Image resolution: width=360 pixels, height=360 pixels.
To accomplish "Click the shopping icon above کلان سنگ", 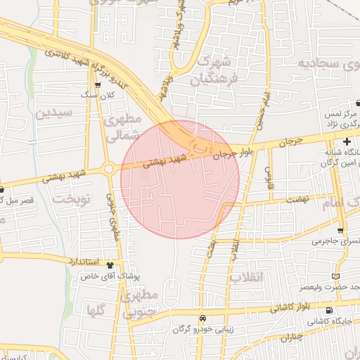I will click(98, 85).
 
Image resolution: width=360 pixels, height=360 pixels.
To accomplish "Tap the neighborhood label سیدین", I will click(54, 112).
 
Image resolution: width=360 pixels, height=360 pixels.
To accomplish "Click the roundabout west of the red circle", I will click(108, 169).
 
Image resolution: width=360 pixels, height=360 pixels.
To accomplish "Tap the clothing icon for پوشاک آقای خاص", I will click(110, 264).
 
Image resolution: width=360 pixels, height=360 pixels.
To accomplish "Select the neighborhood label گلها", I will click(96, 309).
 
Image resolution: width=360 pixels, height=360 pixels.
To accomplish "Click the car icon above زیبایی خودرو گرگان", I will click(203, 317).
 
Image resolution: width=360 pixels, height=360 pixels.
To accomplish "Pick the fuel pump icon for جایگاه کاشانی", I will click(330, 311).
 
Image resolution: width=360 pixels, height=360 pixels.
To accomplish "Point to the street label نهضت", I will click(297, 200).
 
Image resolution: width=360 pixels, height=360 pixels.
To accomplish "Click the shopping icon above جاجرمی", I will click(341, 230).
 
